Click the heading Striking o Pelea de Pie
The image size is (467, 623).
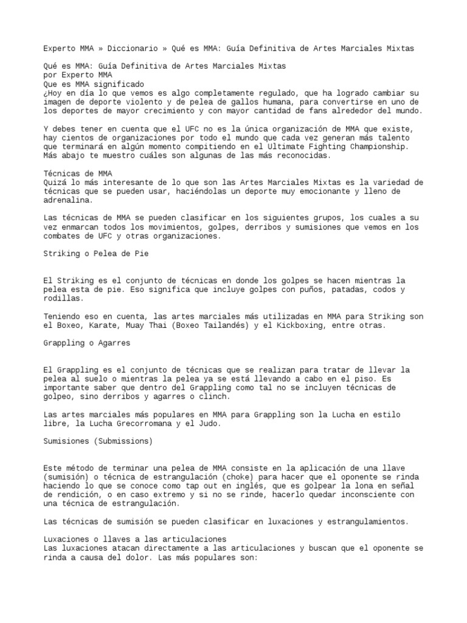pyautogui.click(x=96, y=254)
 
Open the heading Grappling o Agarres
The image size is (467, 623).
pyautogui.click(x=87, y=343)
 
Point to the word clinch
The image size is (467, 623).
pyautogui.click(x=214, y=397)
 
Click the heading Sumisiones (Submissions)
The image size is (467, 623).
pyautogui.click(x=98, y=441)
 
